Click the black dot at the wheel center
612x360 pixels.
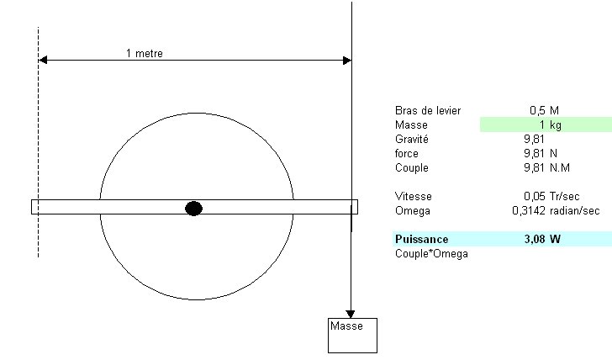click(193, 208)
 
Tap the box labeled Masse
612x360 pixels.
click(352, 335)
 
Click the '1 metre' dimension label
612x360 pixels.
click(145, 53)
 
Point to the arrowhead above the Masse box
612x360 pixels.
click(351, 314)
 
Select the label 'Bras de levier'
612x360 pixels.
click(427, 110)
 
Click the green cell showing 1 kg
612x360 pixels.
click(546, 124)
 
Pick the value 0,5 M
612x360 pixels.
click(544, 110)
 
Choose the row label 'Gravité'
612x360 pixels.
click(412, 139)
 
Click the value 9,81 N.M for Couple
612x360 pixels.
click(546, 167)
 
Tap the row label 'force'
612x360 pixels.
click(407, 153)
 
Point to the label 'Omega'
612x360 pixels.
click(411, 210)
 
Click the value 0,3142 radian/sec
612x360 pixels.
click(555, 210)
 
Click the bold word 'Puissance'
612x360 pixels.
click(421, 239)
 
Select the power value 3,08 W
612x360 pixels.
click(541, 239)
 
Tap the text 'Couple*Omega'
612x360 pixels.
click(431, 253)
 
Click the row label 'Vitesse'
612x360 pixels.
click(413, 196)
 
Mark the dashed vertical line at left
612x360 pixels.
click(38, 143)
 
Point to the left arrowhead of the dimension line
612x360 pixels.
click(43, 60)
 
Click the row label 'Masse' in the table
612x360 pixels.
click(411, 124)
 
